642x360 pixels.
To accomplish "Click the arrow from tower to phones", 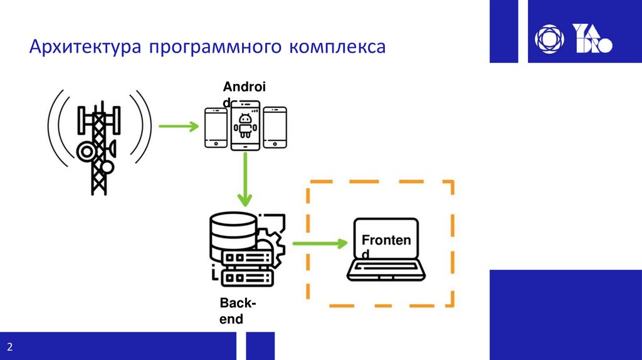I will (x=178, y=127).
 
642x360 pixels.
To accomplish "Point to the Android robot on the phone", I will (x=246, y=125).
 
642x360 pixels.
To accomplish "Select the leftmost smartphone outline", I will (x=216, y=127).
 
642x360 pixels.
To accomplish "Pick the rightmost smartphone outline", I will (x=275, y=127).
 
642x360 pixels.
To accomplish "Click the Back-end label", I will (x=237, y=311).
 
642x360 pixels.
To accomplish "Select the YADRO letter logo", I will (x=592, y=38).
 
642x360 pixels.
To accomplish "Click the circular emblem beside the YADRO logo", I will (x=550, y=38).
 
